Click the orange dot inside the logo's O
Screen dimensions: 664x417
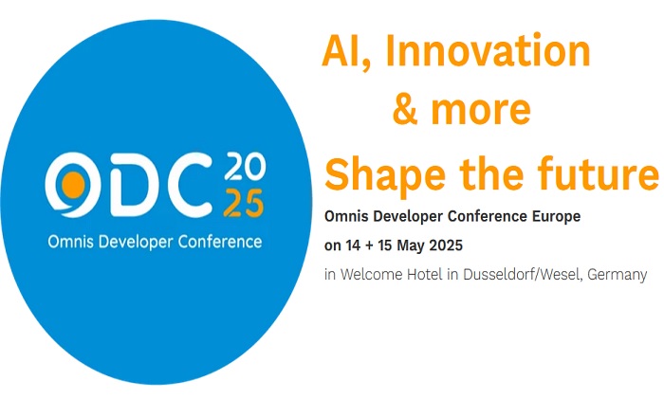(x=73, y=185)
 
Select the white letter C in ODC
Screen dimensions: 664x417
(x=190, y=185)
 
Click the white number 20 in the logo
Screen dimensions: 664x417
(x=245, y=166)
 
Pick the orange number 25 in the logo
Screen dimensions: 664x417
(x=244, y=204)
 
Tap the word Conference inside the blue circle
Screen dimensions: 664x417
(x=220, y=243)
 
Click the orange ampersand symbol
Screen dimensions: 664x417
(x=405, y=109)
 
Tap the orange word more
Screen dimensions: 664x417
(x=481, y=112)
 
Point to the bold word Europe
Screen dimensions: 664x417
(x=556, y=216)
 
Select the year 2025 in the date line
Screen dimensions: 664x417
(x=446, y=245)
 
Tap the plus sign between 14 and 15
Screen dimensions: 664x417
(x=368, y=245)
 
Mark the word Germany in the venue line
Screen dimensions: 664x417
(x=617, y=276)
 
